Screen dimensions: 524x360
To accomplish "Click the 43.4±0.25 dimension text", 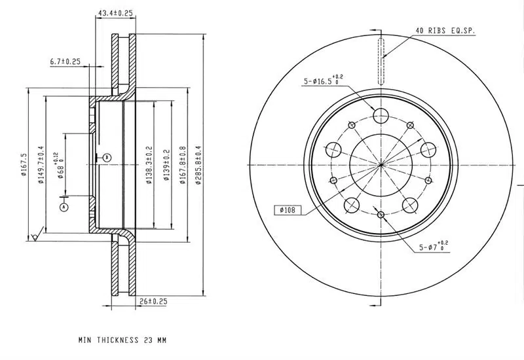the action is pos(115,13).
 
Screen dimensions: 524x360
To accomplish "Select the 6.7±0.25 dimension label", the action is pos(65,62).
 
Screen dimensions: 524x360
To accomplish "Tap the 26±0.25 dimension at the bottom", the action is pos(153,301).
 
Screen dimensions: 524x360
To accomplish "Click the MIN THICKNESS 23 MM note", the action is pos(122,340).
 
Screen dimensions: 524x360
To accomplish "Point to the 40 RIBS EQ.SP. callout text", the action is pos(445,30).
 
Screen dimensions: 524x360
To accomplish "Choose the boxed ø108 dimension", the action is pos(288,210).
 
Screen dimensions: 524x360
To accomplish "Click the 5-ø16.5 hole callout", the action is pos(323,81).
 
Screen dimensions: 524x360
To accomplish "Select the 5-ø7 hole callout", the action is pos(434,247).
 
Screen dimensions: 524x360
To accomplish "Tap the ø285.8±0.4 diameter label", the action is pos(198,166).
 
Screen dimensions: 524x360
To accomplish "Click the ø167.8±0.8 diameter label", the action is pos(183,166).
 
